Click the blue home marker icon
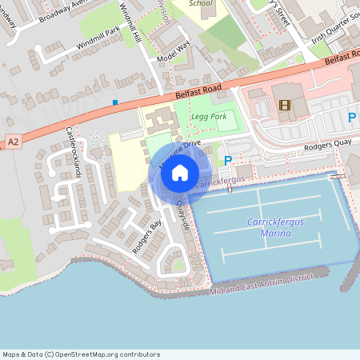coord(180,172)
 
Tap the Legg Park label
coord(209,117)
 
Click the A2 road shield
coord(12,142)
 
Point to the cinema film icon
coord(285,104)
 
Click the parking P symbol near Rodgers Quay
coord(228,161)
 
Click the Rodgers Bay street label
coord(146,236)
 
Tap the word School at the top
coord(202,3)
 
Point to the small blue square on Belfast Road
coord(115,102)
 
